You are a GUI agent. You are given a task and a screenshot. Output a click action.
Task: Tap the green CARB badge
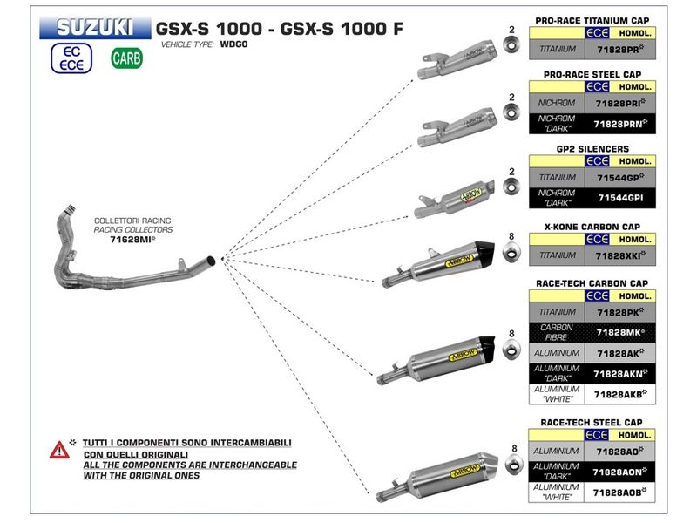(128, 60)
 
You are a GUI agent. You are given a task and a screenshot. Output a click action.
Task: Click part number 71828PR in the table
(619, 50)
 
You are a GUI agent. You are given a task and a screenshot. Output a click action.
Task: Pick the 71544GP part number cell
(619, 177)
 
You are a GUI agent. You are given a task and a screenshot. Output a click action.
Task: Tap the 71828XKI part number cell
(619, 255)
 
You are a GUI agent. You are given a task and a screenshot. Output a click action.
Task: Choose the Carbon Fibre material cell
(557, 332)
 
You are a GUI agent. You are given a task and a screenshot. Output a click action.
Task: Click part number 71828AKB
(619, 393)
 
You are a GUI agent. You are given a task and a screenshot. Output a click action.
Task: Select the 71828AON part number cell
(619, 471)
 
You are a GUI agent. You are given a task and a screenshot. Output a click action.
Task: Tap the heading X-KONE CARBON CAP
(592, 227)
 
